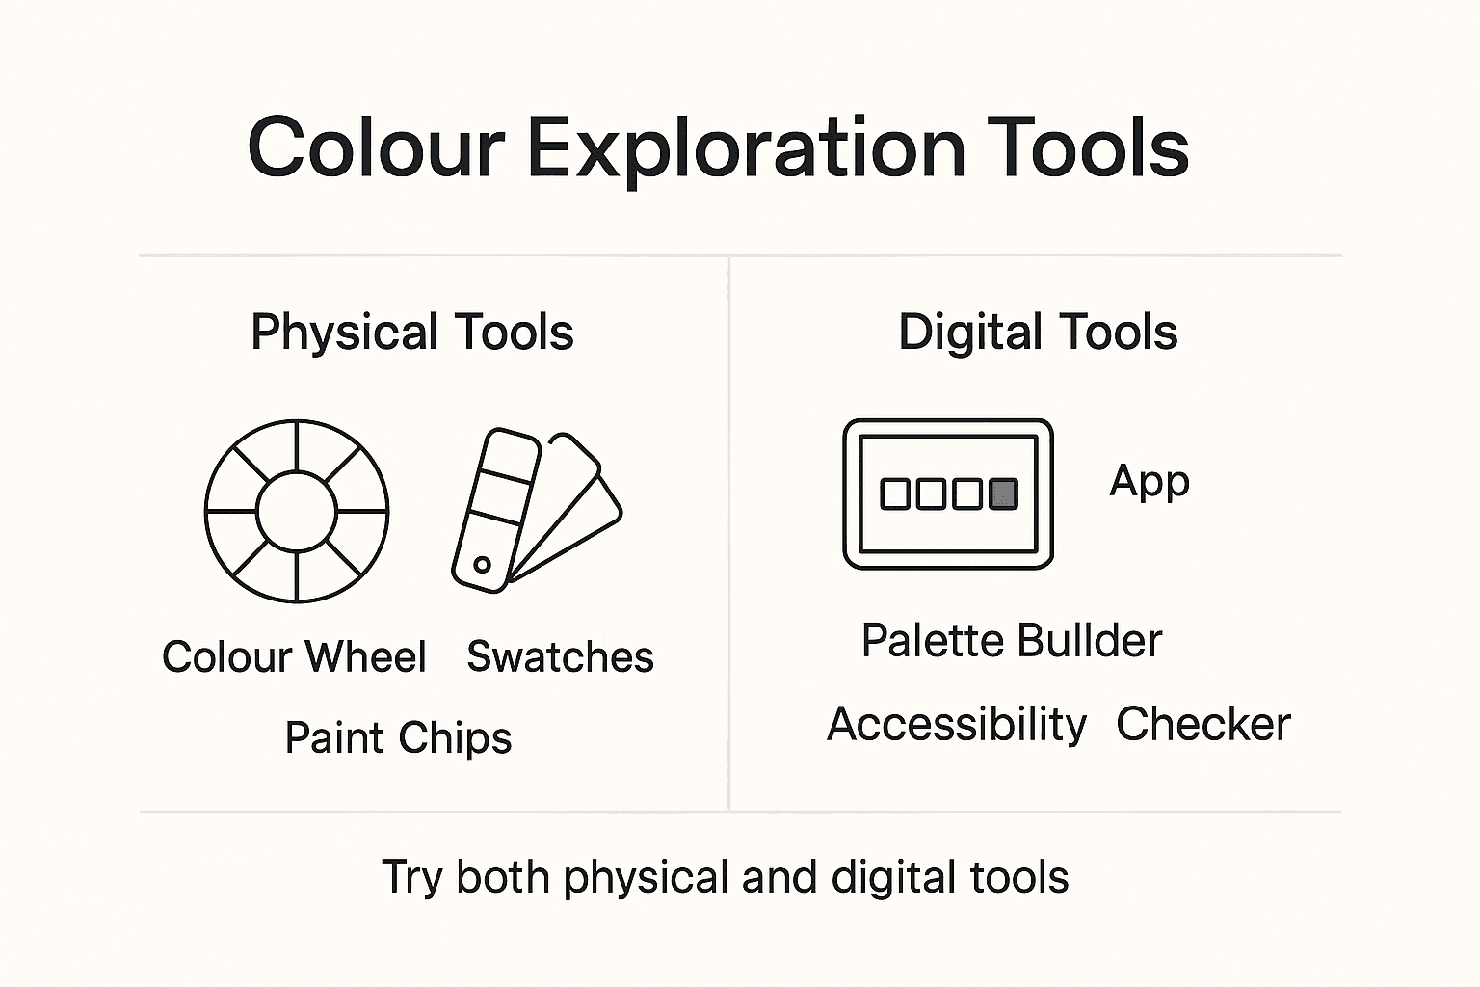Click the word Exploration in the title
(747, 149)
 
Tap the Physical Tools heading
(412, 333)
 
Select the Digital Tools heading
(1038, 333)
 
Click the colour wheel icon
(297, 512)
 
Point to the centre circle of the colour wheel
(297, 512)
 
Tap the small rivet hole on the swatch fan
(483, 565)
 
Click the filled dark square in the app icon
(1004, 493)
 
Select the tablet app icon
(948, 493)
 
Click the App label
(1150, 482)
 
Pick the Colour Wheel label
(294, 657)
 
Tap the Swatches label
(560, 657)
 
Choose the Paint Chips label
(398, 739)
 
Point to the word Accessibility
(957, 725)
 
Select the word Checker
(1203, 725)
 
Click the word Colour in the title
(377, 149)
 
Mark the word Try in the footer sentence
(411, 878)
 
